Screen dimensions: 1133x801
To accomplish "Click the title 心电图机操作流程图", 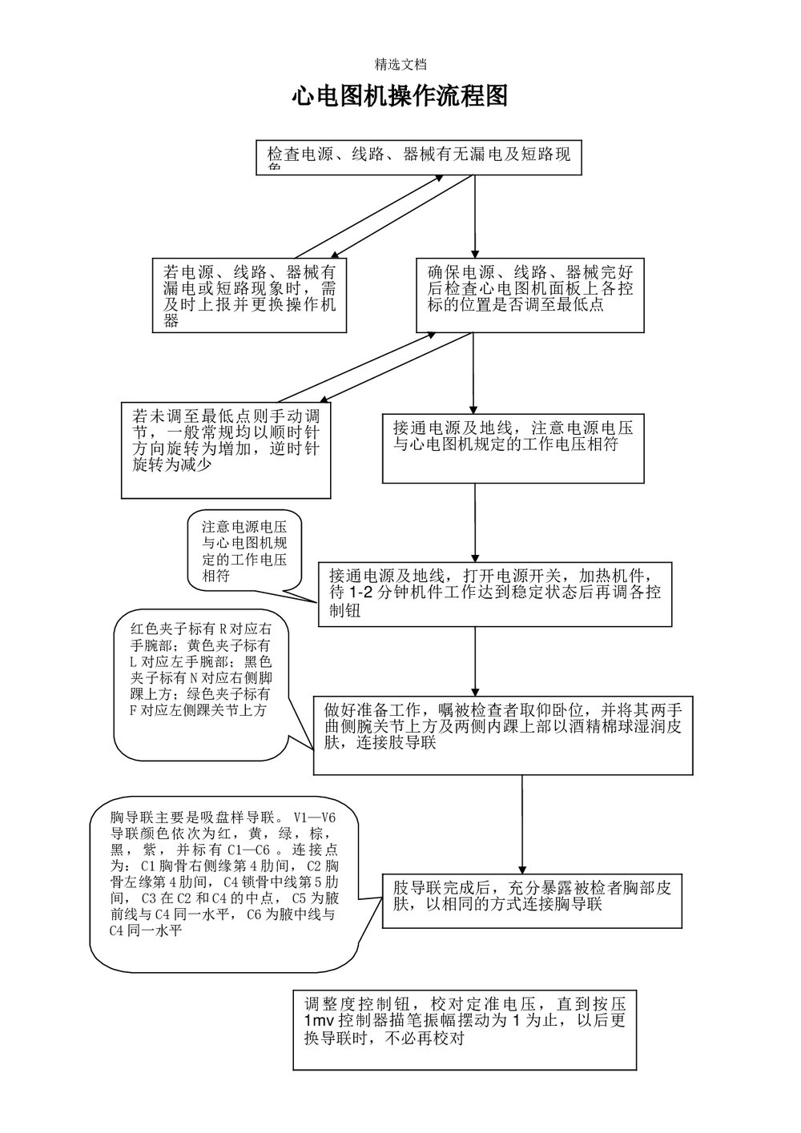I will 400,97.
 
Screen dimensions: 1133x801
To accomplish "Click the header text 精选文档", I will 400,64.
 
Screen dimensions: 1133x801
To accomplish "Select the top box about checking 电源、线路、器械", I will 418,158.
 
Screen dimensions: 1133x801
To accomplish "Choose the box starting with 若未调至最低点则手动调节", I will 226,449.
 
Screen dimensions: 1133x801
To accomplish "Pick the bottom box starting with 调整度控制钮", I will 465,1028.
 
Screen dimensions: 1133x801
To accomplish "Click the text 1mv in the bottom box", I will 320,1022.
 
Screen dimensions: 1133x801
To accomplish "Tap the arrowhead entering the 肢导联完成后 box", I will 523,867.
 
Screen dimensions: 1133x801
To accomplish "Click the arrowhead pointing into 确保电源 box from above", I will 475,251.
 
